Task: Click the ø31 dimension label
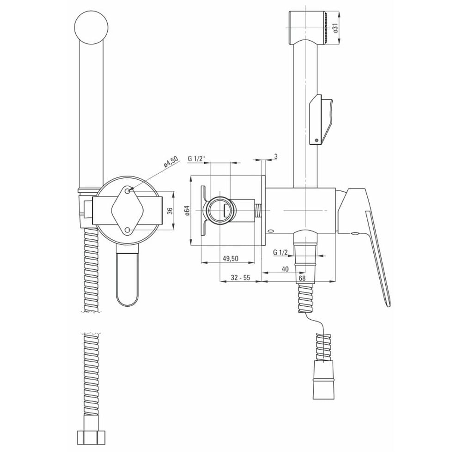[335, 28]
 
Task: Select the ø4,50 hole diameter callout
[171, 162]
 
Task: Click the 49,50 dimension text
[230, 258]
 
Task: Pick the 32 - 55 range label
[240, 277]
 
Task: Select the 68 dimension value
[302, 278]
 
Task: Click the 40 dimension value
[285, 269]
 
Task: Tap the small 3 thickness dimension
[276, 157]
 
